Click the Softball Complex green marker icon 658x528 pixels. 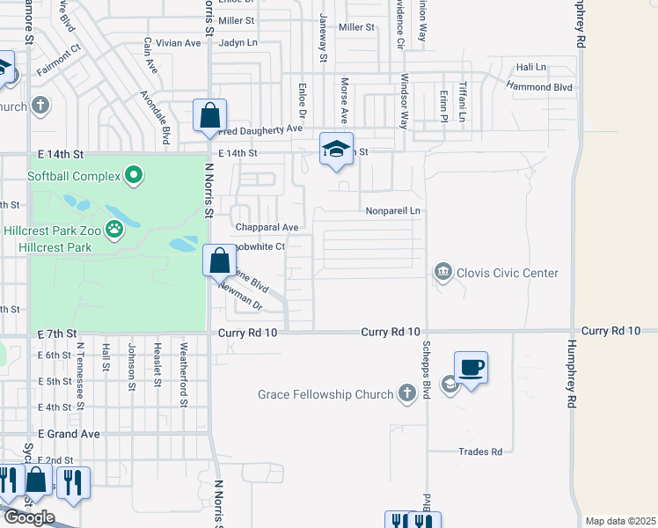tap(134, 176)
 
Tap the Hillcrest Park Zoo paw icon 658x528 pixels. tap(114, 231)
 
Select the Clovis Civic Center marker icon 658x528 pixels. tap(443, 273)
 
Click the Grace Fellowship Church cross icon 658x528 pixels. tap(406, 393)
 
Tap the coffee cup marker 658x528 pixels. tap(471, 368)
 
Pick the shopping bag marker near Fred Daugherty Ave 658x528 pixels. tap(210, 116)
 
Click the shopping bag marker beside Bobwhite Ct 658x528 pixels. tap(220, 261)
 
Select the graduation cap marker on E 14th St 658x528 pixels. tap(336, 150)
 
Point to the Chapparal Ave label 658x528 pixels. tap(267, 227)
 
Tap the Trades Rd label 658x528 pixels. tap(480, 451)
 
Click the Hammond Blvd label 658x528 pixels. tap(540, 87)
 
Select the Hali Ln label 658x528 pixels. tap(531, 67)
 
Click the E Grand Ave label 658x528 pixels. tap(69, 434)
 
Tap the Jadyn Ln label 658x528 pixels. tap(238, 42)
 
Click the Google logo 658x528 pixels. tap(28, 517)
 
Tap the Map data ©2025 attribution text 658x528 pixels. tap(620, 521)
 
